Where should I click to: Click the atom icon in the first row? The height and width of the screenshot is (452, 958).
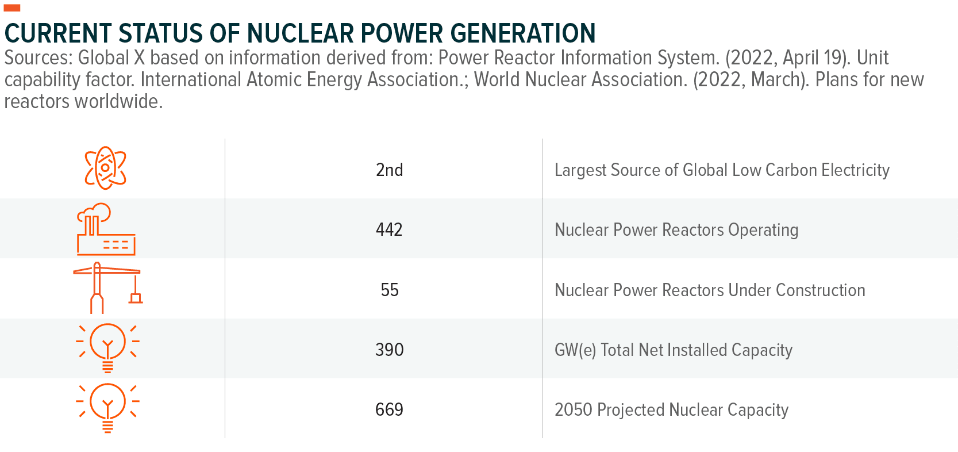pos(106,168)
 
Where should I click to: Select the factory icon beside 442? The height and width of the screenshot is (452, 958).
pos(106,229)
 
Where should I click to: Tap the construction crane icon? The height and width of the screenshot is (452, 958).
pos(107,288)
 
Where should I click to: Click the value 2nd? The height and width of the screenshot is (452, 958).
pos(389,170)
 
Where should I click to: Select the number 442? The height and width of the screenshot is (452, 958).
pos(389,230)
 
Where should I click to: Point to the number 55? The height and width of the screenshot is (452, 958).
pos(390,290)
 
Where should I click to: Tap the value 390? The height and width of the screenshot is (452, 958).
pos(390,350)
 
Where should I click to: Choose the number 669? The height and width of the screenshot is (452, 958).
pos(389,409)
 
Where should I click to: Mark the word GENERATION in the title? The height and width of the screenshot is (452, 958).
pos(523,33)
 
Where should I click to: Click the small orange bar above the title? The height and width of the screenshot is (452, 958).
pos(12,8)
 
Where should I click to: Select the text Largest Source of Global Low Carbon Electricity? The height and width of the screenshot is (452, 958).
pos(722,170)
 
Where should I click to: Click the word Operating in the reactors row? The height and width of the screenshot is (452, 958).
pos(763,230)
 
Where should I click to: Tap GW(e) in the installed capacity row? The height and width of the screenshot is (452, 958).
pos(575,350)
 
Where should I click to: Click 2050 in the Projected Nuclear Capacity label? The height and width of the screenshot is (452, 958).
pos(573,409)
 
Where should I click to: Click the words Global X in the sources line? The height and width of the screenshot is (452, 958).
pos(111,58)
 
